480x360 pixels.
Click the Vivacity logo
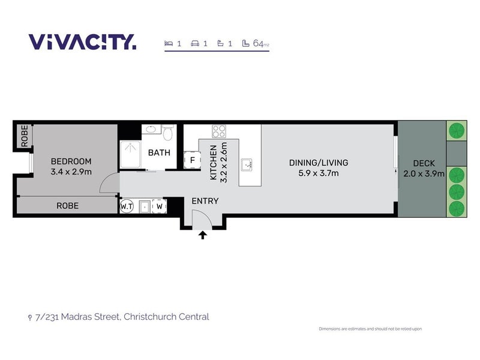pos(82,42)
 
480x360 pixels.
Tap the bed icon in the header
pos(169,43)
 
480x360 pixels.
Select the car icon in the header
pos(195,43)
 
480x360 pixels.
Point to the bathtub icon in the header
pos(220,43)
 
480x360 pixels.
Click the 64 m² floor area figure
pos(259,43)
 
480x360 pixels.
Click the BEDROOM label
pos(71,161)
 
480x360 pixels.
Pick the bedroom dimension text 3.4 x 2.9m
pos(71,172)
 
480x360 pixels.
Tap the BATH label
pos(159,153)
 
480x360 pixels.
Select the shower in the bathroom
pos(130,155)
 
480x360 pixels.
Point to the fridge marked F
pos(192,160)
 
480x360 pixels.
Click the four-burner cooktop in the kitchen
pos(218,131)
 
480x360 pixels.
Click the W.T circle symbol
pos(127,206)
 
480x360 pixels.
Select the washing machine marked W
pos(160,206)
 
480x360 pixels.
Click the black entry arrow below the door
pos(203,235)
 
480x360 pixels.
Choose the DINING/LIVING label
pos(318,163)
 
